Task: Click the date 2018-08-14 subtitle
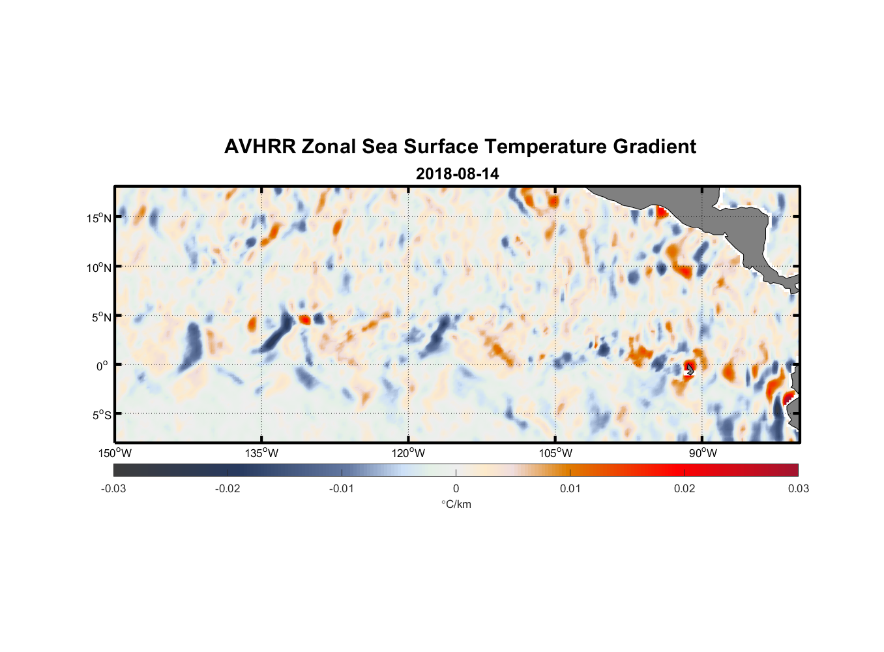(x=457, y=174)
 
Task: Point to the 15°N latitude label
(x=99, y=218)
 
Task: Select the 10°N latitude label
(x=99, y=267)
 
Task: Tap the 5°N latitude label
(x=101, y=317)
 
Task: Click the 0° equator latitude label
(x=102, y=366)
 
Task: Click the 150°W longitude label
(x=115, y=453)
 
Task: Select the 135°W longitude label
(x=261, y=453)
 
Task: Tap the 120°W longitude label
(x=408, y=453)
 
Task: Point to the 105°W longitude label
(x=555, y=453)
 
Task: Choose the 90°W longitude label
(x=702, y=453)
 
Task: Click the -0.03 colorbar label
(x=113, y=488)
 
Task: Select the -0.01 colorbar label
(x=342, y=488)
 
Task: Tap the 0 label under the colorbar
(x=456, y=488)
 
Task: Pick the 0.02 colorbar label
(x=684, y=488)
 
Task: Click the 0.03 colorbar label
(x=798, y=488)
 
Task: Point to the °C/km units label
(x=456, y=504)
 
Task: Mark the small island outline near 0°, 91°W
(x=690, y=369)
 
